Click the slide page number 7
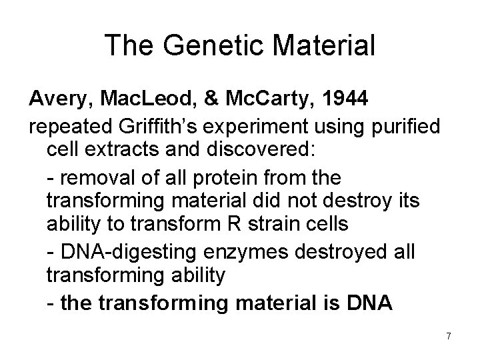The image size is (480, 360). pyautogui.click(x=449, y=337)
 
